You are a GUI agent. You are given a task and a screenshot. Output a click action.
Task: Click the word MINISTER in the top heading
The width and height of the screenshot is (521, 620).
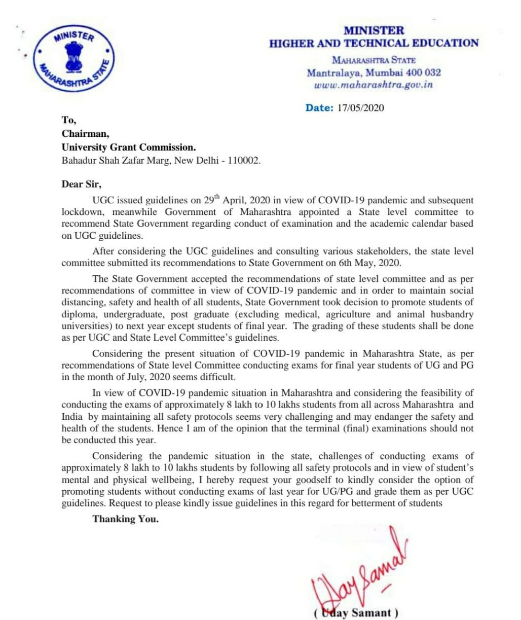tap(374, 31)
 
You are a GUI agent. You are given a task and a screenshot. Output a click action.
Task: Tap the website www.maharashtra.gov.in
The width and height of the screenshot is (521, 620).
tap(374, 85)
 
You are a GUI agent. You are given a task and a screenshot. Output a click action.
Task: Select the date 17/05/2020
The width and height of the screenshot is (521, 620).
tap(360, 107)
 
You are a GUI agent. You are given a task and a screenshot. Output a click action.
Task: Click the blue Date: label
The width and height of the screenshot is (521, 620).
tap(319, 107)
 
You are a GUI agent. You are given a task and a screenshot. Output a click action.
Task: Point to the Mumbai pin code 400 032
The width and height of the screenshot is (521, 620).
tap(421, 72)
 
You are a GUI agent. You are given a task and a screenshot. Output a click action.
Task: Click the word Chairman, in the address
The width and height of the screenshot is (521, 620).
tap(85, 134)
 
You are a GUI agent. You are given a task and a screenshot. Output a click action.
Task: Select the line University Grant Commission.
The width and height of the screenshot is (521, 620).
tap(128, 148)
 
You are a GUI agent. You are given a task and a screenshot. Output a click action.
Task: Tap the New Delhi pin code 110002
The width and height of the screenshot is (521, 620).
tap(243, 161)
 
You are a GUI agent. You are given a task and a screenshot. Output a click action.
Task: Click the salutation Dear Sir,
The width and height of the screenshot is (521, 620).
tap(82, 185)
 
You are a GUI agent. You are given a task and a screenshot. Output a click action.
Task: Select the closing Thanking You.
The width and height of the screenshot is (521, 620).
tap(125, 519)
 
